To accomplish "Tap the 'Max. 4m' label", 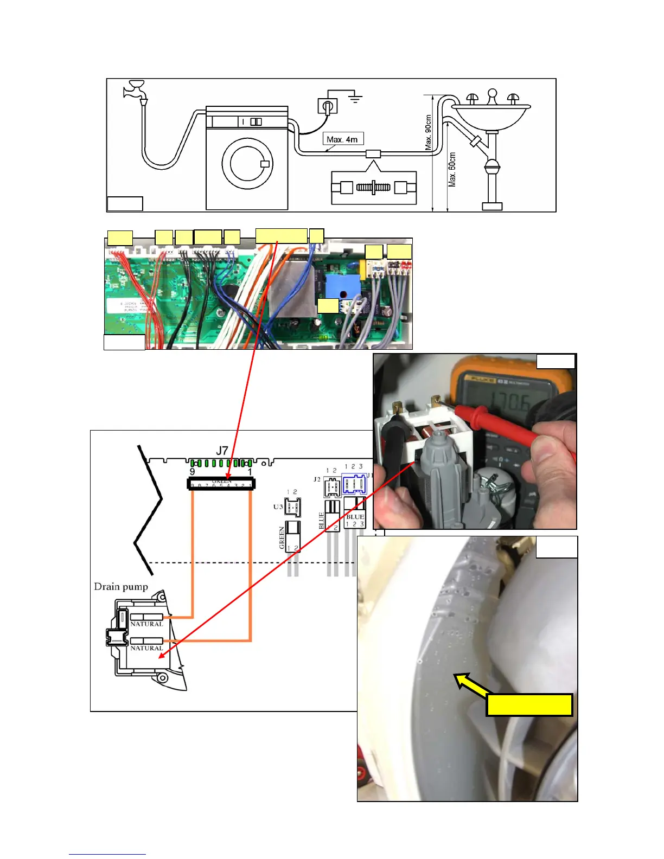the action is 342,139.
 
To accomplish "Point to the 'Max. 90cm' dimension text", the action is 429,132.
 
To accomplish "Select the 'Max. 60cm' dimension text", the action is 452,169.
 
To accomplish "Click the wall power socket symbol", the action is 327,106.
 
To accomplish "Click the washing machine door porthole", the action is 247,163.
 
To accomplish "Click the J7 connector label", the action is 222,451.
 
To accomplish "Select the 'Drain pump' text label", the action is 121,587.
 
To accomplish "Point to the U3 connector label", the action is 278,507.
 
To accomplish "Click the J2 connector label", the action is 317,479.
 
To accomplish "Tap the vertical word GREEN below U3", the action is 282,537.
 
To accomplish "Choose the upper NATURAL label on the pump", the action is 146,624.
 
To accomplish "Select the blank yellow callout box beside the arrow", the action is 529,705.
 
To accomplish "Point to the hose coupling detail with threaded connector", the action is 374,188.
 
